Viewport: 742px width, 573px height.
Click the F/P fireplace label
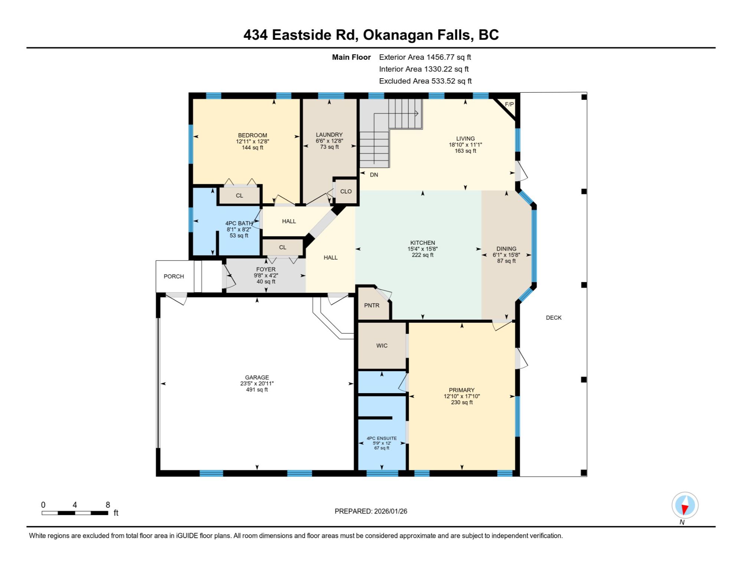[x=509, y=104]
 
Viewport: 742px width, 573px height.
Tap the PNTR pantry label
[x=372, y=305]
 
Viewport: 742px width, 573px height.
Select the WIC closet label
[x=382, y=346]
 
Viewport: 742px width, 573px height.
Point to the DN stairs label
[x=374, y=175]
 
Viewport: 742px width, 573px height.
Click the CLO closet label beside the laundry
[x=346, y=191]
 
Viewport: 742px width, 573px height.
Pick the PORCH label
[x=174, y=276]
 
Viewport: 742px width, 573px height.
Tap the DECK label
[x=554, y=317]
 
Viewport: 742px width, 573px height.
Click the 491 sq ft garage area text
[x=257, y=389]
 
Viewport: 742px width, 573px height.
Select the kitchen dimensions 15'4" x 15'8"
[x=422, y=249]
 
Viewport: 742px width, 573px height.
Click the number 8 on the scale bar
[x=108, y=505]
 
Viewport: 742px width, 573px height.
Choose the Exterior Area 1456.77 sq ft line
[x=425, y=57]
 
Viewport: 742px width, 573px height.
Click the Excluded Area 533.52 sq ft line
[x=425, y=81]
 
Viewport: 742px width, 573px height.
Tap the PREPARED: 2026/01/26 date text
[x=371, y=511]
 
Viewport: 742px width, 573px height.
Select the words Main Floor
[x=351, y=57]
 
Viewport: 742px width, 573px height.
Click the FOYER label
[x=266, y=269]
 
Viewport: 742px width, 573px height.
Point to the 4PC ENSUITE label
[x=382, y=438]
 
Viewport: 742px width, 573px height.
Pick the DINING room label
[x=506, y=249]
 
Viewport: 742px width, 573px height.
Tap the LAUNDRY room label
[x=329, y=135]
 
